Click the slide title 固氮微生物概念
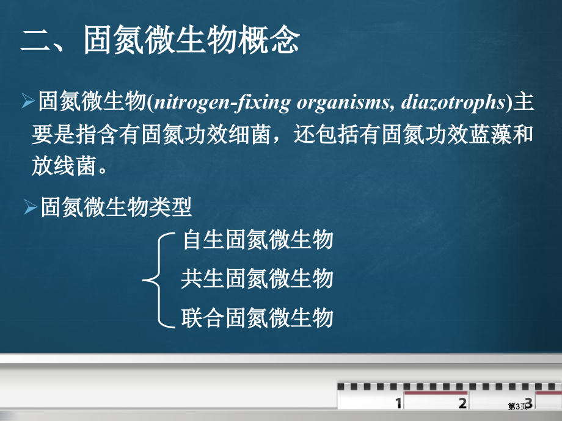(192, 40)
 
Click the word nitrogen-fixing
(222, 102)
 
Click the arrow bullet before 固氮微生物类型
(31, 207)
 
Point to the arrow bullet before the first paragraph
(28, 101)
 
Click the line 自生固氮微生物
(258, 239)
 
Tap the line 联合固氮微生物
(258, 317)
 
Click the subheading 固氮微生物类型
(117, 207)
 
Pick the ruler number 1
(398, 403)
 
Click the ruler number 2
(462, 403)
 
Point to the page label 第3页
(517, 406)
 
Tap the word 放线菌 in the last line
(64, 166)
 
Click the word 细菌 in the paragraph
(249, 134)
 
